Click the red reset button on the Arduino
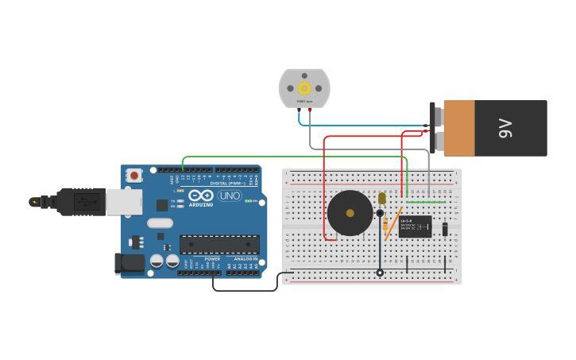tap(134, 175)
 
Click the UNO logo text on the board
tap(230, 195)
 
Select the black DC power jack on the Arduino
tap(129, 264)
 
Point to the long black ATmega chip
tap(219, 244)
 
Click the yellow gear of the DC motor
tap(304, 87)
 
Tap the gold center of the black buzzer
tap(350, 213)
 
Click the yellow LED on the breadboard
tap(382, 198)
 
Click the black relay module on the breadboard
tap(415, 226)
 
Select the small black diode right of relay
tap(445, 229)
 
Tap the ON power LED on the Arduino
tap(248, 201)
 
